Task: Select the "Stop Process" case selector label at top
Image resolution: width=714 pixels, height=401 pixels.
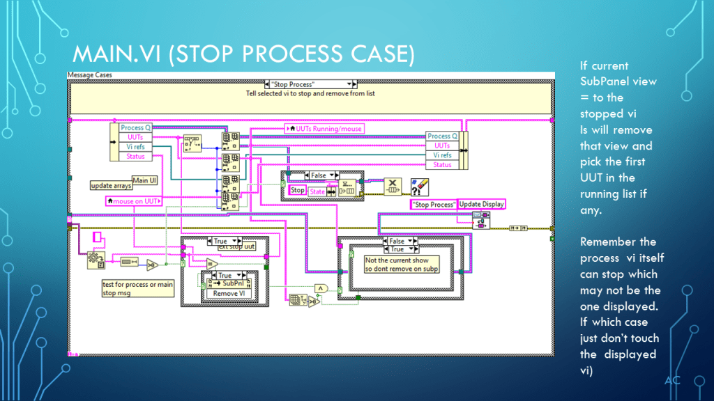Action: (310, 84)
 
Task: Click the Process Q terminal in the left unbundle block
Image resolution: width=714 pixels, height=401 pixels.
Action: (135, 127)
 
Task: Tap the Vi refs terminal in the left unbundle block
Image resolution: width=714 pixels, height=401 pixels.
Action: (135, 147)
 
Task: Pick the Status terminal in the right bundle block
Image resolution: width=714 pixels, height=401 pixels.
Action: (442, 165)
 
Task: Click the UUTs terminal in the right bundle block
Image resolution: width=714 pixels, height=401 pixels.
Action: (442, 146)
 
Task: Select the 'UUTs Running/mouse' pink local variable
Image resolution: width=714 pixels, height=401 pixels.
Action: (325, 129)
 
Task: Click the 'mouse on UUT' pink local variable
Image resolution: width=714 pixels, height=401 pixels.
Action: (132, 201)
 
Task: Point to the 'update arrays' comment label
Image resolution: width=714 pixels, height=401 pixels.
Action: (112, 186)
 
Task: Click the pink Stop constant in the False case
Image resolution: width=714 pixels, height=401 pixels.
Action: (298, 190)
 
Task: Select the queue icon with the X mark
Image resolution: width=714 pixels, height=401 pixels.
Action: (393, 187)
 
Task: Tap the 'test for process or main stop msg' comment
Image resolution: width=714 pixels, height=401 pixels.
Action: (137, 288)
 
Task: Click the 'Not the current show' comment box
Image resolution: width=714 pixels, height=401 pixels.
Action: (401, 264)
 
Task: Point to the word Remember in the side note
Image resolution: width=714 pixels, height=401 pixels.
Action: (608, 242)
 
